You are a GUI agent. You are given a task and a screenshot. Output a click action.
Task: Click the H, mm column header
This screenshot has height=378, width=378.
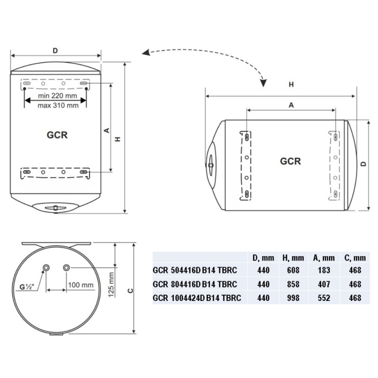[x=293, y=258]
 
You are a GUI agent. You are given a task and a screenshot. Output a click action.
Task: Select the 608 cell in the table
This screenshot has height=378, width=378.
[x=293, y=270]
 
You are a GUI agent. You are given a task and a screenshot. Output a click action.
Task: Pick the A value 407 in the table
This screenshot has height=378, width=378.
[x=324, y=284]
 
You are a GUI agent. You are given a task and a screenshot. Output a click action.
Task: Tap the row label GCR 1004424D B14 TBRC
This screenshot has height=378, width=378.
[x=197, y=298]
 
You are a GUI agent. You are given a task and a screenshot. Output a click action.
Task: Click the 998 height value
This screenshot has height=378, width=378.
[x=293, y=298]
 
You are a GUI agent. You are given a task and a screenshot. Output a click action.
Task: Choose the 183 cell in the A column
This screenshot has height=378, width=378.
[x=324, y=270]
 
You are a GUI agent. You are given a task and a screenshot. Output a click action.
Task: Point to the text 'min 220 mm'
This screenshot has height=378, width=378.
[x=57, y=96]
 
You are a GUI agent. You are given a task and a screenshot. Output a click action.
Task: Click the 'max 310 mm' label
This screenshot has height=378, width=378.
[x=58, y=105]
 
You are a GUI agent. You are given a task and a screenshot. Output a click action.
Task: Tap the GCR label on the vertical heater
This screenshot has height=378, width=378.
[x=57, y=135]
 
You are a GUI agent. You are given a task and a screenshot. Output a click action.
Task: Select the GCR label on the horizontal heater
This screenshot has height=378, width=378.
[x=291, y=161]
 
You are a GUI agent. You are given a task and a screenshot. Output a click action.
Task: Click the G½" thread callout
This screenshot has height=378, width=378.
[x=26, y=287]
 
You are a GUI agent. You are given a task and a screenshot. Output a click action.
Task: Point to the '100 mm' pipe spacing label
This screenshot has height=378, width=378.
[x=80, y=285]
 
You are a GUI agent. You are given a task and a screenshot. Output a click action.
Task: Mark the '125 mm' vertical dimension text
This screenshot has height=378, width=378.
[x=111, y=284]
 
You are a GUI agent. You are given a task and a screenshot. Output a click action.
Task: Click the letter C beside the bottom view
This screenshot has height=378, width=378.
[x=130, y=291]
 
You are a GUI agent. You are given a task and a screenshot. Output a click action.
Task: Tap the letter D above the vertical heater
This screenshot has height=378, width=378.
[x=55, y=51]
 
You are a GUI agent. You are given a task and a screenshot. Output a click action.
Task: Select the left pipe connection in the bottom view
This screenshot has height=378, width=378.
[x=46, y=267]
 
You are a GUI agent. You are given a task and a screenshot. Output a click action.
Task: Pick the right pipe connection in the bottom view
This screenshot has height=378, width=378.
[x=66, y=267]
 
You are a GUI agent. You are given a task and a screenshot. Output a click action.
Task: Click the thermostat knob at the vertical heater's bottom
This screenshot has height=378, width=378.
[x=55, y=208]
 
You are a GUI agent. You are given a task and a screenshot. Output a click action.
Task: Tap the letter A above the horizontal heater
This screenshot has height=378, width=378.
[x=291, y=105]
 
